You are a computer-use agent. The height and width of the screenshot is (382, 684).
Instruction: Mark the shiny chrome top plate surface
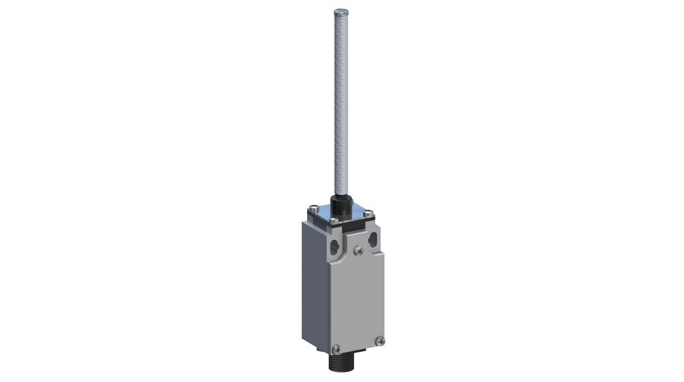tap(355, 212)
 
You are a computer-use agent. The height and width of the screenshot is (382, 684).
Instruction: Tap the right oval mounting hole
tap(372, 240)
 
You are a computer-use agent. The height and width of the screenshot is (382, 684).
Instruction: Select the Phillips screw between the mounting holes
tap(357, 251)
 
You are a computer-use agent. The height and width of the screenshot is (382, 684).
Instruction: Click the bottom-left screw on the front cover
tap(336, 348)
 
